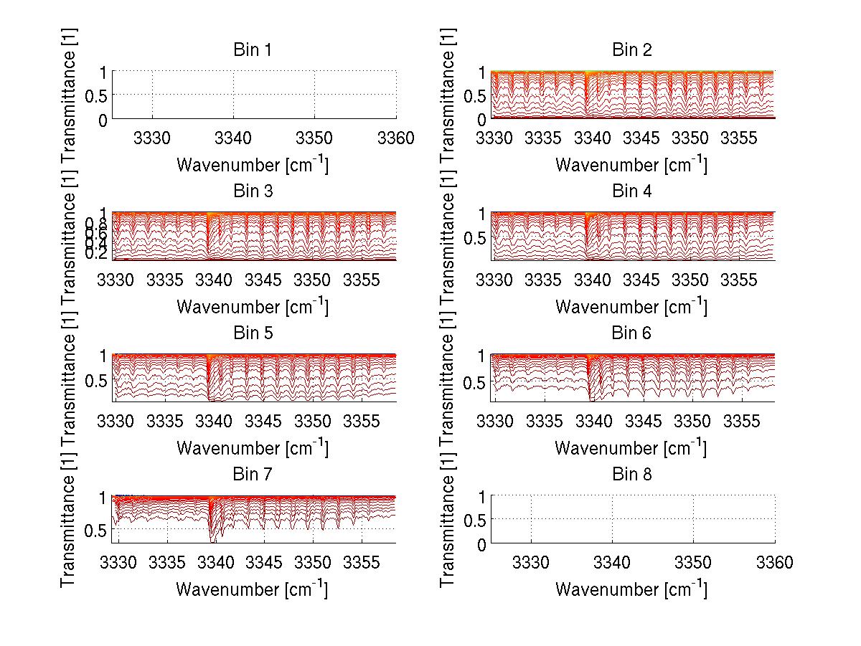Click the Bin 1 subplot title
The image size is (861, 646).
(253, 50)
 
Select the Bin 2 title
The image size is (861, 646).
(632, 50)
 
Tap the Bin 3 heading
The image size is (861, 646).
(253, 191)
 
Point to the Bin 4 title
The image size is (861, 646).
(632, 191)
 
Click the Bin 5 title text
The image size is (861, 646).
(253, 333)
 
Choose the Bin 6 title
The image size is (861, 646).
(632, 333)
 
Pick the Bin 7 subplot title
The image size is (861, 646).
(253, 475)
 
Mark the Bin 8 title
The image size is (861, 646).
(632, 475)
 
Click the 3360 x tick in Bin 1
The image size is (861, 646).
(395, 137)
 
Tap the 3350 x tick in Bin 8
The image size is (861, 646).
(693, 562)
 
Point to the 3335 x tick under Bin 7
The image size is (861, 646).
(166, 562)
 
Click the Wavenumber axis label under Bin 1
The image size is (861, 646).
(253, 165)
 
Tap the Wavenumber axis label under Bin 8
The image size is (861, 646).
(631, 589)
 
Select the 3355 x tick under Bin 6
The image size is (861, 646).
(743, 420)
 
